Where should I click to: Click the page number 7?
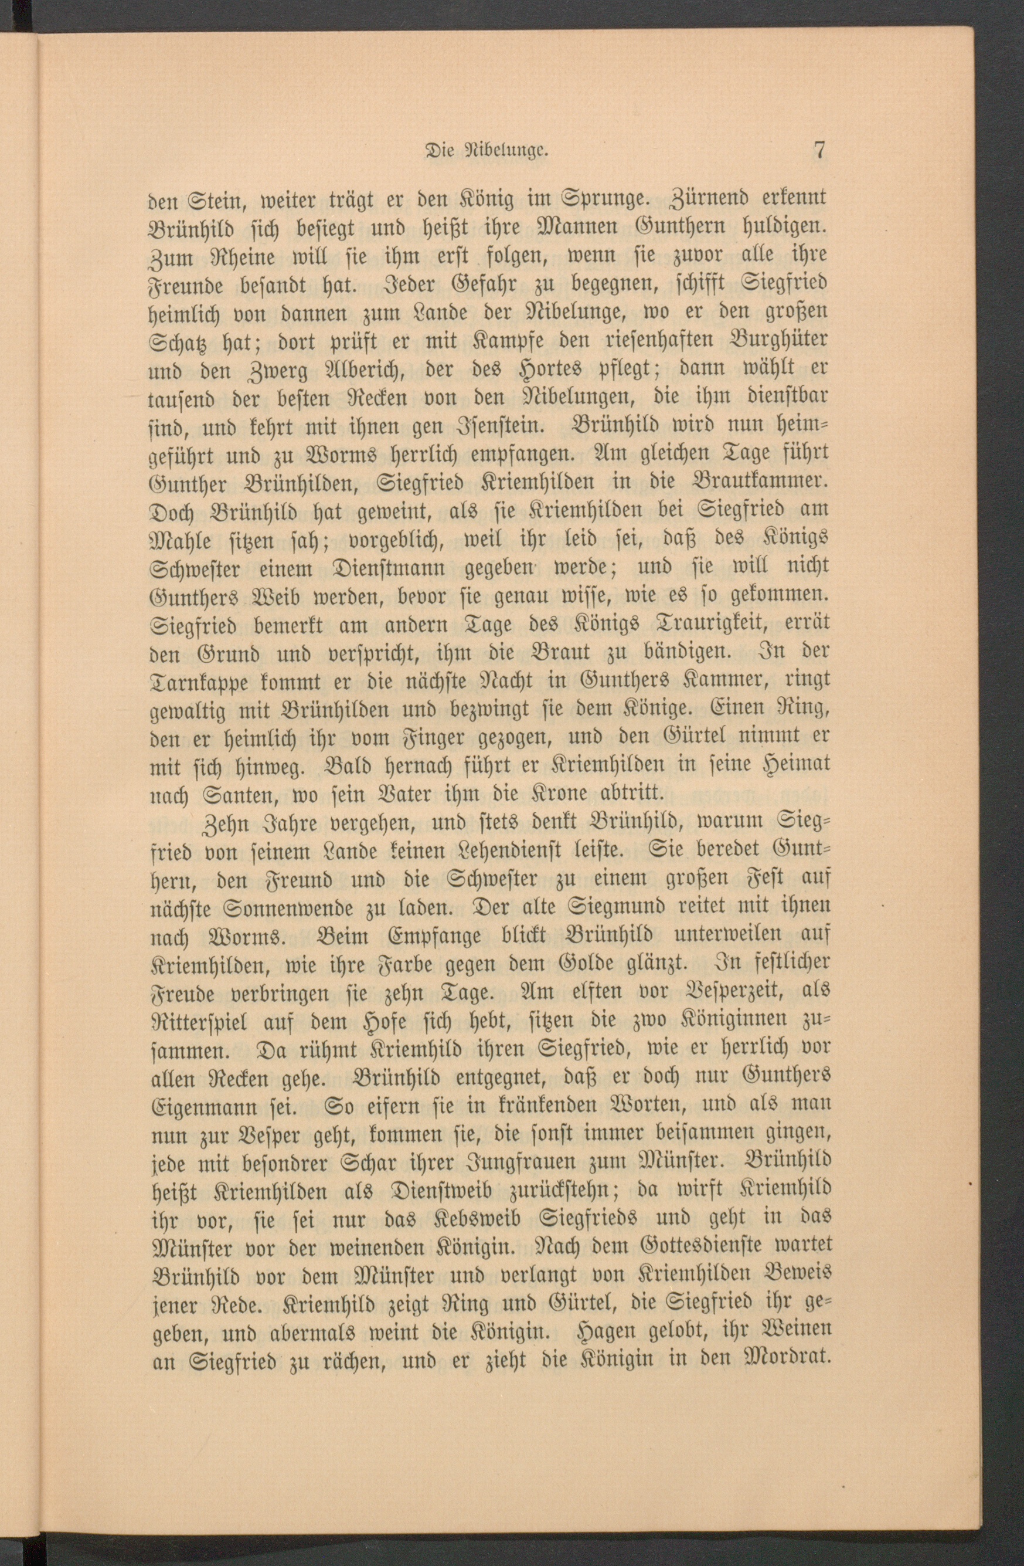(819, 150)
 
